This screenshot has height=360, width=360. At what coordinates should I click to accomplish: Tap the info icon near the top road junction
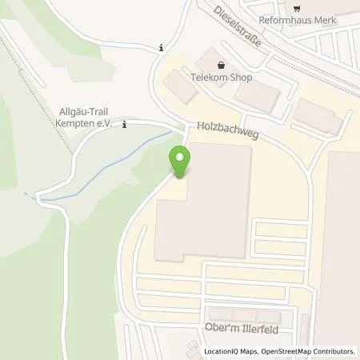pos(161,47)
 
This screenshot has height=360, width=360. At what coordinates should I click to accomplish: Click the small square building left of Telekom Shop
pos(183,90)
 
